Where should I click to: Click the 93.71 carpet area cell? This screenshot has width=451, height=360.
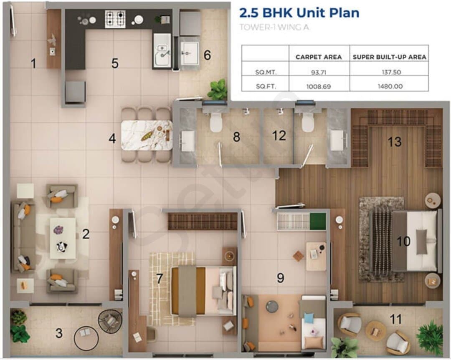[x=319, y=72]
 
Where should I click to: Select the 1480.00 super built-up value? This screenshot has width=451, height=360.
[x=390, y=86]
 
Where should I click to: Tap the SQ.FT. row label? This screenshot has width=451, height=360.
[x=266, y=86]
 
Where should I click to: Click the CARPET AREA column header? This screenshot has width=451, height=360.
[x=319, y=57]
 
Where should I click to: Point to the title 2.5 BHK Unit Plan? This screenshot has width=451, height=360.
[x=299, y=13]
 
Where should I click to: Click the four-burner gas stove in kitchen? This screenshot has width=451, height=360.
[x=115, y=19]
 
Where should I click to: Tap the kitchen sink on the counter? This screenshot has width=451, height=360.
[x=162, y=50]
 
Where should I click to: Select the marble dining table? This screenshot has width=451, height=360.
[x=147, y=135]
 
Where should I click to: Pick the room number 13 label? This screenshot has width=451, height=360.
[x=394, y=142]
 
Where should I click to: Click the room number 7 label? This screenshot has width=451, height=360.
[x=160, y=278]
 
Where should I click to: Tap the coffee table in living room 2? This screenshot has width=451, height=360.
[x=63, y=239]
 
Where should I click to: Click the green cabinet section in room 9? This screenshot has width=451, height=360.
[x=318, y=222]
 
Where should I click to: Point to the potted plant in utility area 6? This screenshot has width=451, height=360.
[x=218, y=89]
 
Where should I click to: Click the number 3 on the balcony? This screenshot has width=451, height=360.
[x=59, y=333]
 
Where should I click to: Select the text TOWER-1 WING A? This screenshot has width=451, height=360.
[x=274, y=27]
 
